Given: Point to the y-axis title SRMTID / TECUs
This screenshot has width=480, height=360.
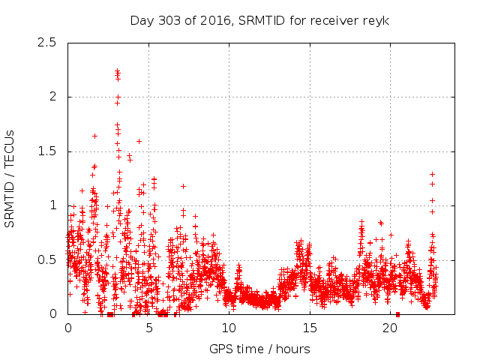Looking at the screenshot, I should [x=10, y=178].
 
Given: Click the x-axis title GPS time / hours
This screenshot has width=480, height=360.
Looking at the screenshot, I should [x=260, y=349].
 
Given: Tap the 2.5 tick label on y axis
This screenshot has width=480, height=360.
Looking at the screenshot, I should [x=47, y=42].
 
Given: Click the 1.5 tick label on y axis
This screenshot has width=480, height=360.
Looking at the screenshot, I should [x=47, y=151].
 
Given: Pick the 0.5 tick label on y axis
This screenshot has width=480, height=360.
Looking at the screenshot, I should [x=47, y=259].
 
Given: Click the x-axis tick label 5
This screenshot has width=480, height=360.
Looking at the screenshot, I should [x=148, y=328].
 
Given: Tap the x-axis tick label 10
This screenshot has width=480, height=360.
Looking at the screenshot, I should [x=229, y=328].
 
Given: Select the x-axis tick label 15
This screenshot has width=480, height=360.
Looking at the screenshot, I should [x=310, y=328].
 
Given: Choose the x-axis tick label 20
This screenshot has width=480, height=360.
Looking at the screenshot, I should [x=390, y=328].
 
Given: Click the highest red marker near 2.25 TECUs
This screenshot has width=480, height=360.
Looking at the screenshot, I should [x=118, y=70].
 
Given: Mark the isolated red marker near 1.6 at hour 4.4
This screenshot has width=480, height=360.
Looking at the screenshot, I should [x=139, y=141].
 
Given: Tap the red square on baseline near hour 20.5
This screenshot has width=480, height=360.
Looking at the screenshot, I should [x=397, y=314].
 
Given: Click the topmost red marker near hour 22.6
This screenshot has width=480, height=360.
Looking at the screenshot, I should [x=432, y=174].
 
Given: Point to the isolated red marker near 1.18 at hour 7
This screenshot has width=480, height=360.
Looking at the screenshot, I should [x=183, y=186].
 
